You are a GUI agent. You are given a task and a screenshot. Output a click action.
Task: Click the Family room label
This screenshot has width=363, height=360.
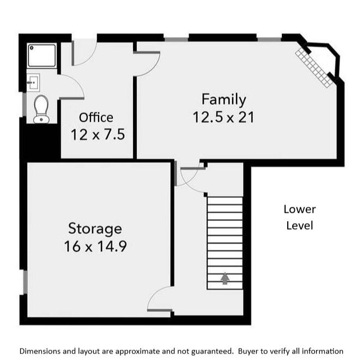(223, 100)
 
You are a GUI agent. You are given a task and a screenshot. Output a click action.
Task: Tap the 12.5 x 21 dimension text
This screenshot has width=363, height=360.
(223, 117)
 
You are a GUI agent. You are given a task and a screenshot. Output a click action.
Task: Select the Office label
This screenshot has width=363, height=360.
(96, 117)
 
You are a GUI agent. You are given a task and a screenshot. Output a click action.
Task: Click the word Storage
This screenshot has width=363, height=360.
(95, 228)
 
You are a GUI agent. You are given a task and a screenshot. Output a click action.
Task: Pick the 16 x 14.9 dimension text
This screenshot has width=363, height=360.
(95, 246)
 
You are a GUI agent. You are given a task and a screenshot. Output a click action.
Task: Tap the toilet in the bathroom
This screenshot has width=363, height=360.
(41, 109)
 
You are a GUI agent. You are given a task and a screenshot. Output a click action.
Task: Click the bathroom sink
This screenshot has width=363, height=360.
(33, 82)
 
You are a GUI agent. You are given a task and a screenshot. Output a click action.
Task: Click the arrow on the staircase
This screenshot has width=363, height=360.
(225, 279)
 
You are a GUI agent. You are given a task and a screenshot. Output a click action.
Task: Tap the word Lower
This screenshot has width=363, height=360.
(300, 209)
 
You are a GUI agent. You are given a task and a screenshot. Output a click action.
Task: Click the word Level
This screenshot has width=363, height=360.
(300, 225)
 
